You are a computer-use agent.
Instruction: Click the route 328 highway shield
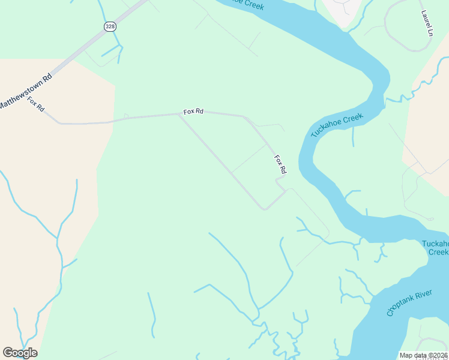click(x=109, y=26)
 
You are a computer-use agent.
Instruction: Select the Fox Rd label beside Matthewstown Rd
click(x=36, y=104)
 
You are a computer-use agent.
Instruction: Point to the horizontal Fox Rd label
click(x=194, y=112)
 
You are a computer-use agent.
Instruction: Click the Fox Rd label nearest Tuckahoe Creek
click(x=280, y=165)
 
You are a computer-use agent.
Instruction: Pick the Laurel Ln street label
click(x=427, y=23)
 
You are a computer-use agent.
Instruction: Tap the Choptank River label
click(x=410, y=300)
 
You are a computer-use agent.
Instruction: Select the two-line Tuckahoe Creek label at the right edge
click(x=435, y=248)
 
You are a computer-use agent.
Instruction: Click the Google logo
click(x=20, y=353)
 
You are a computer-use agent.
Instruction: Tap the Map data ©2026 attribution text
click(x=424, y=355)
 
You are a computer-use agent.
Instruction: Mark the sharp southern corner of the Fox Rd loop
click(x=264, y=209)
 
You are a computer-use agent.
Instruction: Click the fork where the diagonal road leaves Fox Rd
click(x=179, y=115)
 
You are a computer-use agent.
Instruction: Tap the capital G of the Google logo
click(x=8, y=353)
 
